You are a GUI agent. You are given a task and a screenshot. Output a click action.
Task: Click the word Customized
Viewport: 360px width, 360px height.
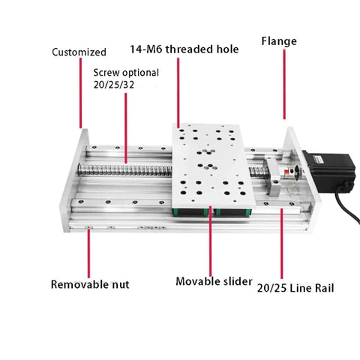(x=79, y=52)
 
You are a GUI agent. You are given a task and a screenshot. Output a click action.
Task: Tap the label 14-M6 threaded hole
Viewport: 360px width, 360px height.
(x=184, y=49)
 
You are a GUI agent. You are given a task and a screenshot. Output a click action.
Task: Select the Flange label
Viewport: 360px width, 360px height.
(x=279, y=41)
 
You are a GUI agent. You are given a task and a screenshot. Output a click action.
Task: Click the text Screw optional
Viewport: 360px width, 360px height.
(x=126, y=73)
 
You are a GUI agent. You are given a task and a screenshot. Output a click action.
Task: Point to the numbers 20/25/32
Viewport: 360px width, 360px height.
(x=114, y=85)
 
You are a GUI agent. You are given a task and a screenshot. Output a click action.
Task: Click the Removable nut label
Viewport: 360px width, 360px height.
(x=90, y=284)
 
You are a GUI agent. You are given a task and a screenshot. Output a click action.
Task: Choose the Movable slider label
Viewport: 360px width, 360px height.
(x=214, y=281)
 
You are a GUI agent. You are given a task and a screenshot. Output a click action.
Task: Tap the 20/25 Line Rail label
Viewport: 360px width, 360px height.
(x=295, y=288)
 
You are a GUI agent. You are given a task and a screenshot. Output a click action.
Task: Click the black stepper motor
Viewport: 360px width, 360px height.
(x=329, y=172)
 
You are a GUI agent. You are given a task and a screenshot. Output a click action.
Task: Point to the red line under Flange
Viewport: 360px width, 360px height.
(x=284, y=84)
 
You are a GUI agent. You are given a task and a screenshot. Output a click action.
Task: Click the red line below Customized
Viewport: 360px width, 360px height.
(x=80, y=93)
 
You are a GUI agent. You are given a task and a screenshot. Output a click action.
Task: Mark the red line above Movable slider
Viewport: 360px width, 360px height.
(x=210, y=241)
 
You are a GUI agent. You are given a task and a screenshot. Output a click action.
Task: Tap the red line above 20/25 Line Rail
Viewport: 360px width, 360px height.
(x=282, y=244)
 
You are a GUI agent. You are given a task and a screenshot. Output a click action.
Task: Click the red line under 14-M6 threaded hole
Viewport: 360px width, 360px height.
(x=178, y=93)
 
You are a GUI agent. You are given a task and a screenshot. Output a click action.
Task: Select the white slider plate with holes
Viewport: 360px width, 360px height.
(x=213, y=166)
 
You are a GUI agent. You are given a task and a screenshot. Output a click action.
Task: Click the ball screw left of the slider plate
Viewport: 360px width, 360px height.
(x=124, y=170)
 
